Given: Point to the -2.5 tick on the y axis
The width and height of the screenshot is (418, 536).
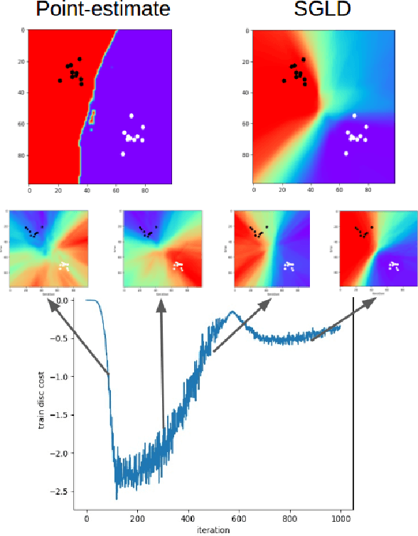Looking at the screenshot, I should (62, 491).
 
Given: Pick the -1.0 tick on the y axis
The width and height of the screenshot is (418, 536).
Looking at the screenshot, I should (62, 377).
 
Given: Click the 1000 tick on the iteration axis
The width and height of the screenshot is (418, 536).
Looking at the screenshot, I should (341, 518).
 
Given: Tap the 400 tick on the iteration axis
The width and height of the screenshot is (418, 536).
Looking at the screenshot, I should (188, 518).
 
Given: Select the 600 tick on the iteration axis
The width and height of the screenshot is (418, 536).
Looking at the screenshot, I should (240, 518).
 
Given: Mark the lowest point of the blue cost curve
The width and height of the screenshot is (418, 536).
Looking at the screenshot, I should (117, 499).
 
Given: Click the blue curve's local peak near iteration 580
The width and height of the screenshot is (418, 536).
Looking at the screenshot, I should (232, 311).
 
